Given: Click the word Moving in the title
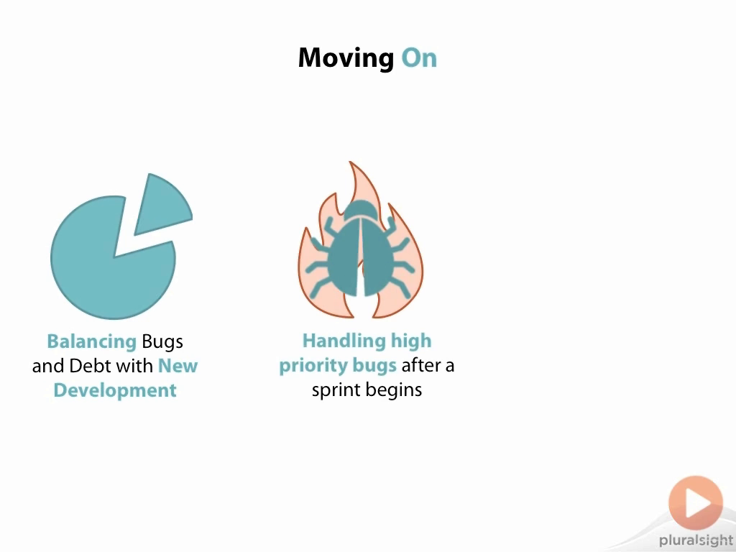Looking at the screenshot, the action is click(x=346, y=58).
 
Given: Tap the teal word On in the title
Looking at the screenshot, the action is click(x=419, y=57).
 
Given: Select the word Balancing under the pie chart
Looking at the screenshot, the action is click(x=91, y=341).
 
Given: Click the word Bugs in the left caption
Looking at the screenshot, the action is click(x=162, y=341).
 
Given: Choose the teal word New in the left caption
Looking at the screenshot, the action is click(x=178, y=366).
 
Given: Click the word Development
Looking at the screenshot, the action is click(x=115, y=390).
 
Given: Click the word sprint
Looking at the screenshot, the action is click(x=336, y=390).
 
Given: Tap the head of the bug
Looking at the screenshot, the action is click(x=361, y=209).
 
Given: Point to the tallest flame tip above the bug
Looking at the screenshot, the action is click(x=350, y=162).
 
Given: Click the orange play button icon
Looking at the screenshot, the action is click(x=696, y=502).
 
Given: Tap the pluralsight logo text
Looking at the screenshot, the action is click(x=696, y=540).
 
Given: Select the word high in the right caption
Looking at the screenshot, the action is click(x=411, y=341).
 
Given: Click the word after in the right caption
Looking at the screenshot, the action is click(x=420, y=366).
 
